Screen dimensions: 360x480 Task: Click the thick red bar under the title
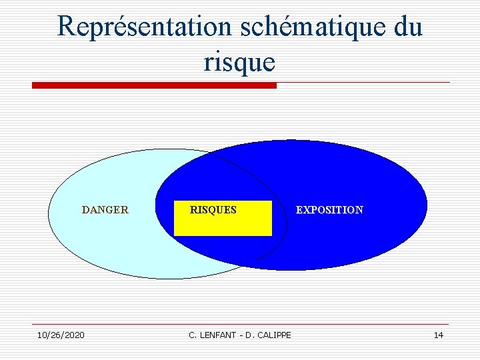point(154,85)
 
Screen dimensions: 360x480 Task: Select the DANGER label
point(105,209)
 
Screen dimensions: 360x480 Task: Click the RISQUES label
point(213,209)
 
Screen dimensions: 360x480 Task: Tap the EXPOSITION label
point(329,209)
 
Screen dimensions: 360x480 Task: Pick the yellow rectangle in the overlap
point(223,225)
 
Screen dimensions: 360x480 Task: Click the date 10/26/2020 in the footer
point(61,335)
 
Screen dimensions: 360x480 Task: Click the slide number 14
point(438,335)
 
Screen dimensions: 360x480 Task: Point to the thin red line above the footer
point(240,325)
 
